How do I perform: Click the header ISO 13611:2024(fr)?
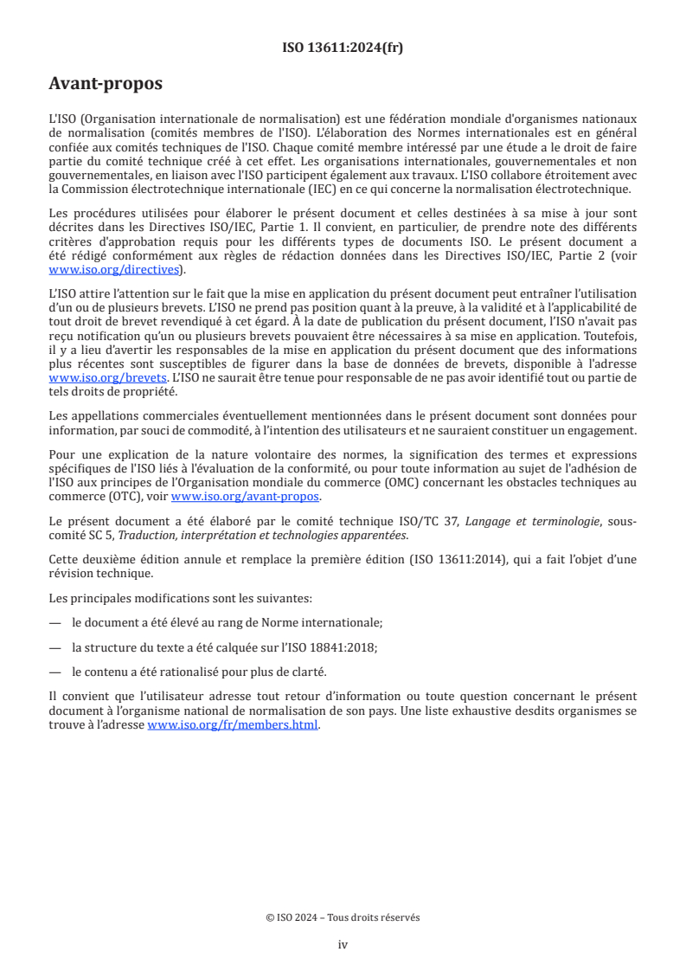(x=343, y=48)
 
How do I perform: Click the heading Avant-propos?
(x=106, y=84)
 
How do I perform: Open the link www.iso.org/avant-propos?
(x=245, y=496)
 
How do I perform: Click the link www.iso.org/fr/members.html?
(x=234, y=725)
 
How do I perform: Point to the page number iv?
(x=343, y=944)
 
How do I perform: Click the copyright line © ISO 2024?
(x=343, y=917)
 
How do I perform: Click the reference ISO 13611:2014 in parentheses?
(x=484, y=559)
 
